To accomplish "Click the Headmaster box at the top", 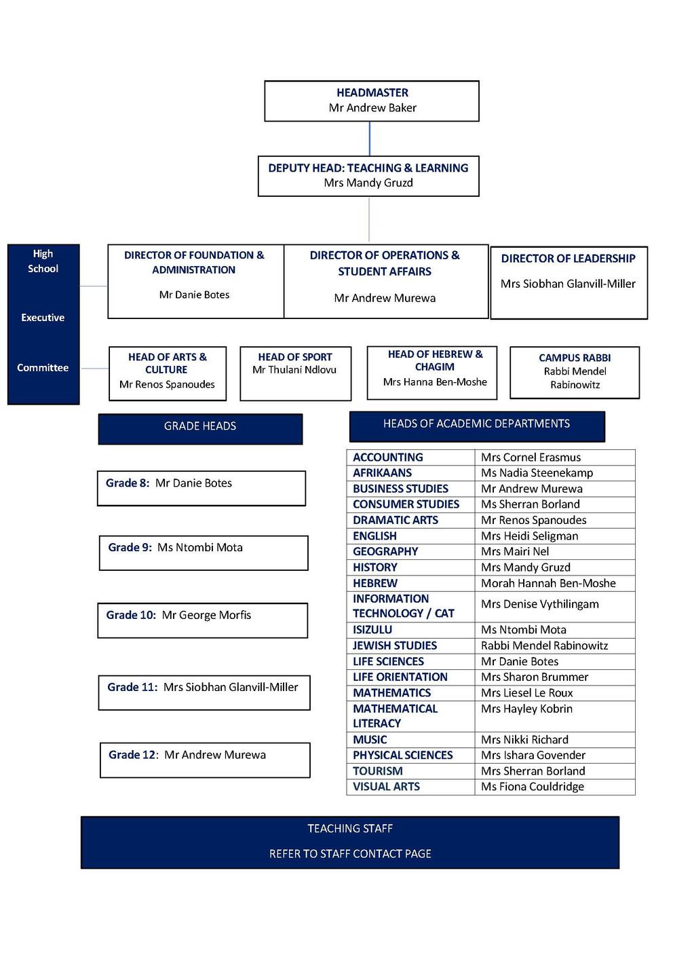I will [x=372, y=101].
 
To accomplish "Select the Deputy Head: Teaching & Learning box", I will [x=368, y=176].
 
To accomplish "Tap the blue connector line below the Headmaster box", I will [x=370, y=139].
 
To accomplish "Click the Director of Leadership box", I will [x=569, y=282].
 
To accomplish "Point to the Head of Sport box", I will [x=295, y=373].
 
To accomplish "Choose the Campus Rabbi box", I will [x=575, y=372].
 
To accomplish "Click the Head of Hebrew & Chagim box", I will [x=435, y=372].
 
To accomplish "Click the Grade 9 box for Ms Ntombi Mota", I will [x=203, y=553].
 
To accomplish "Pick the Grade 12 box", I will [x=205, y=760].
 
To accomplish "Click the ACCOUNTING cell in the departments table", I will [x=388, y=457].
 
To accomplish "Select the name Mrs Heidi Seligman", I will [x=529, y=536].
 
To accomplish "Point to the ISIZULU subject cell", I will [x=372, y=630].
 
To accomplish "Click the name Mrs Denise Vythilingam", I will [x=539, y=604].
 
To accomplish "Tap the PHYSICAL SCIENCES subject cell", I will [x=402, y=755].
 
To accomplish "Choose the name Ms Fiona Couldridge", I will [x=532, y=787].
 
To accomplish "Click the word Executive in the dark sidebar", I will [x=43, y=318].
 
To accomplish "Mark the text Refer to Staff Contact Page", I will [x=350, y=854].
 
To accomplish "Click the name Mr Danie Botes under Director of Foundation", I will [x=194, y=295].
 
